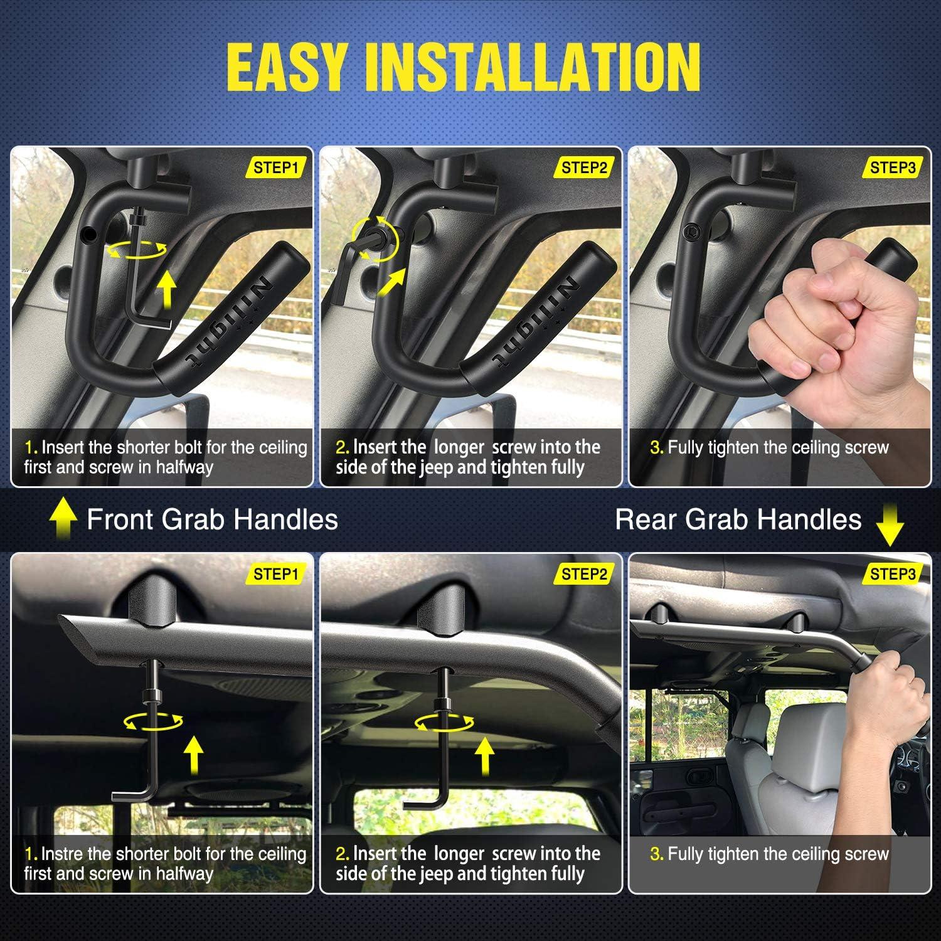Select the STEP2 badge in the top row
click(x=584, y=167)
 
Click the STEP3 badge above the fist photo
click(x=893, y=167)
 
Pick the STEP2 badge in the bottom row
click(x=584, y=574)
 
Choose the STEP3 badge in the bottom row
click(x=893, y=574)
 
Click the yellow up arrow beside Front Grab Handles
click(x=63, y=520)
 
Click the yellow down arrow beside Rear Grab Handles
click(x=889, y=525)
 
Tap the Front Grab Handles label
click(x=212, y=520)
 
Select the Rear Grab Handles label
click(x=738, y=520)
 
